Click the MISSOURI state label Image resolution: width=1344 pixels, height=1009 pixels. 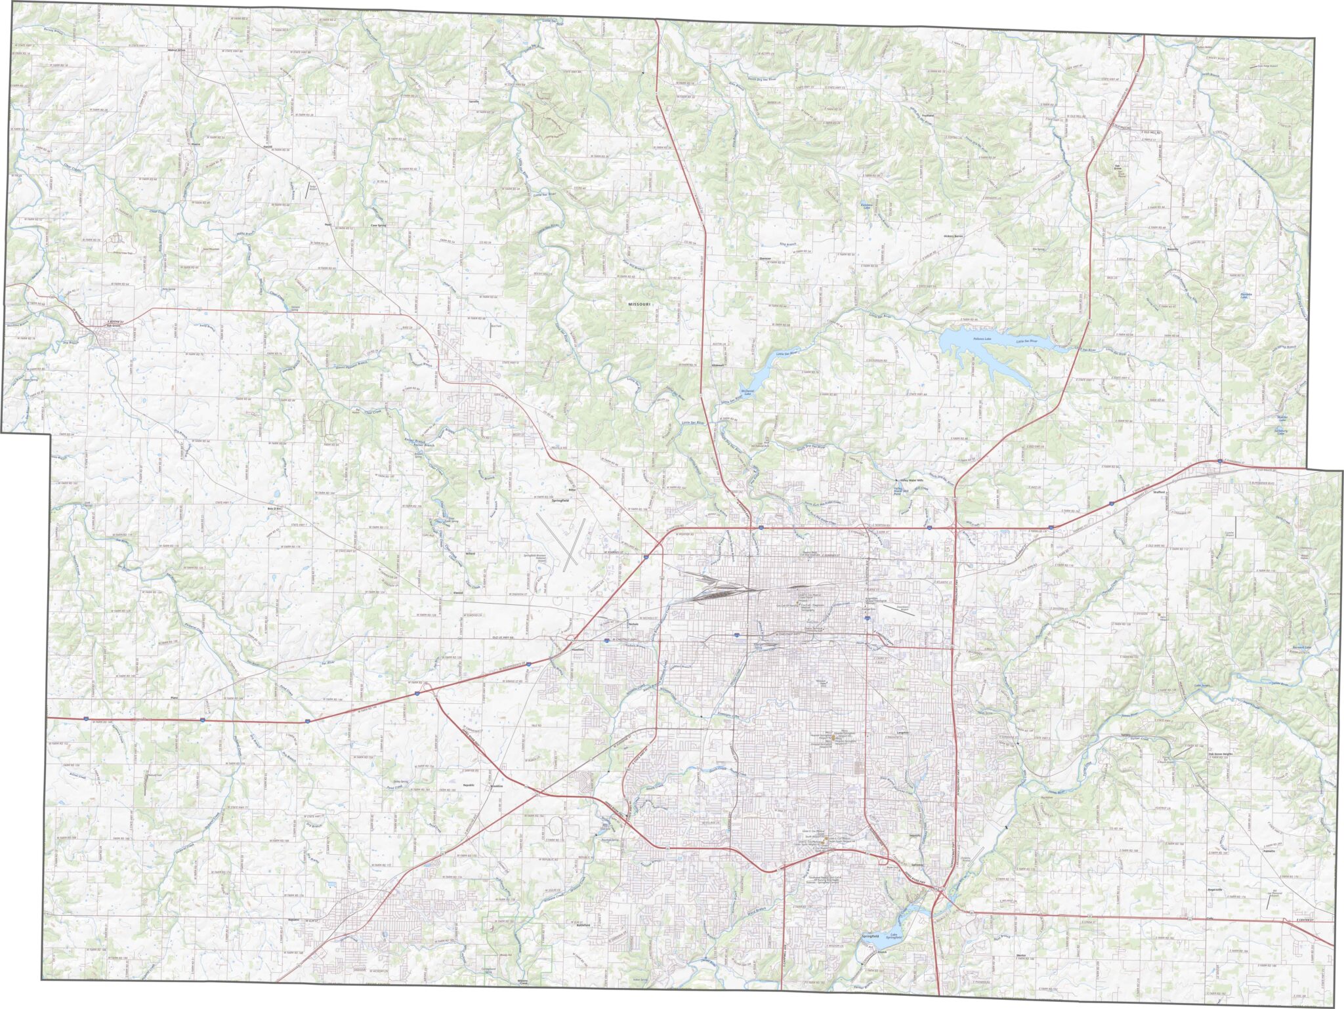pyautogui.click(x=639, y=305)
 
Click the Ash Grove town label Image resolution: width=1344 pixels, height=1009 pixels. pyautogui.click(x=115, y=325)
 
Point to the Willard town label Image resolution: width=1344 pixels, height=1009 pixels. pyautogui.click(x=470, y=554)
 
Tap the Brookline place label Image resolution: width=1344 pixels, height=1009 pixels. pyautogui.click(x=497, y=785)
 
